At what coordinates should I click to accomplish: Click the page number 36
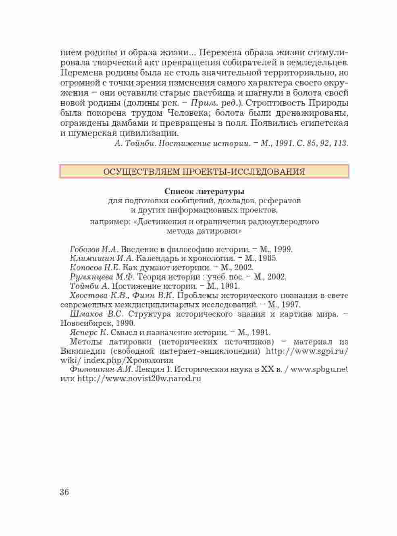point(64,492)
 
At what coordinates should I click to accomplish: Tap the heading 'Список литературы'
point(204,191)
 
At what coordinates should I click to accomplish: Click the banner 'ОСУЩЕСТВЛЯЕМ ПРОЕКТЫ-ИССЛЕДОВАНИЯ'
point(204,171)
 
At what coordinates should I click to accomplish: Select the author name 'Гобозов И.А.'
point(94,249)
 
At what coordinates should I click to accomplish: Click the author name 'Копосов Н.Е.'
point(95,267)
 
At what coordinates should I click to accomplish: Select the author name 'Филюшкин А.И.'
point(102,369)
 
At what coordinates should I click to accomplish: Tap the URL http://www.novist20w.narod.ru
point(139,379)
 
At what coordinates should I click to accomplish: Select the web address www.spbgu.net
point(320,369)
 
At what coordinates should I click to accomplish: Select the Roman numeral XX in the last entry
point(268,369)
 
